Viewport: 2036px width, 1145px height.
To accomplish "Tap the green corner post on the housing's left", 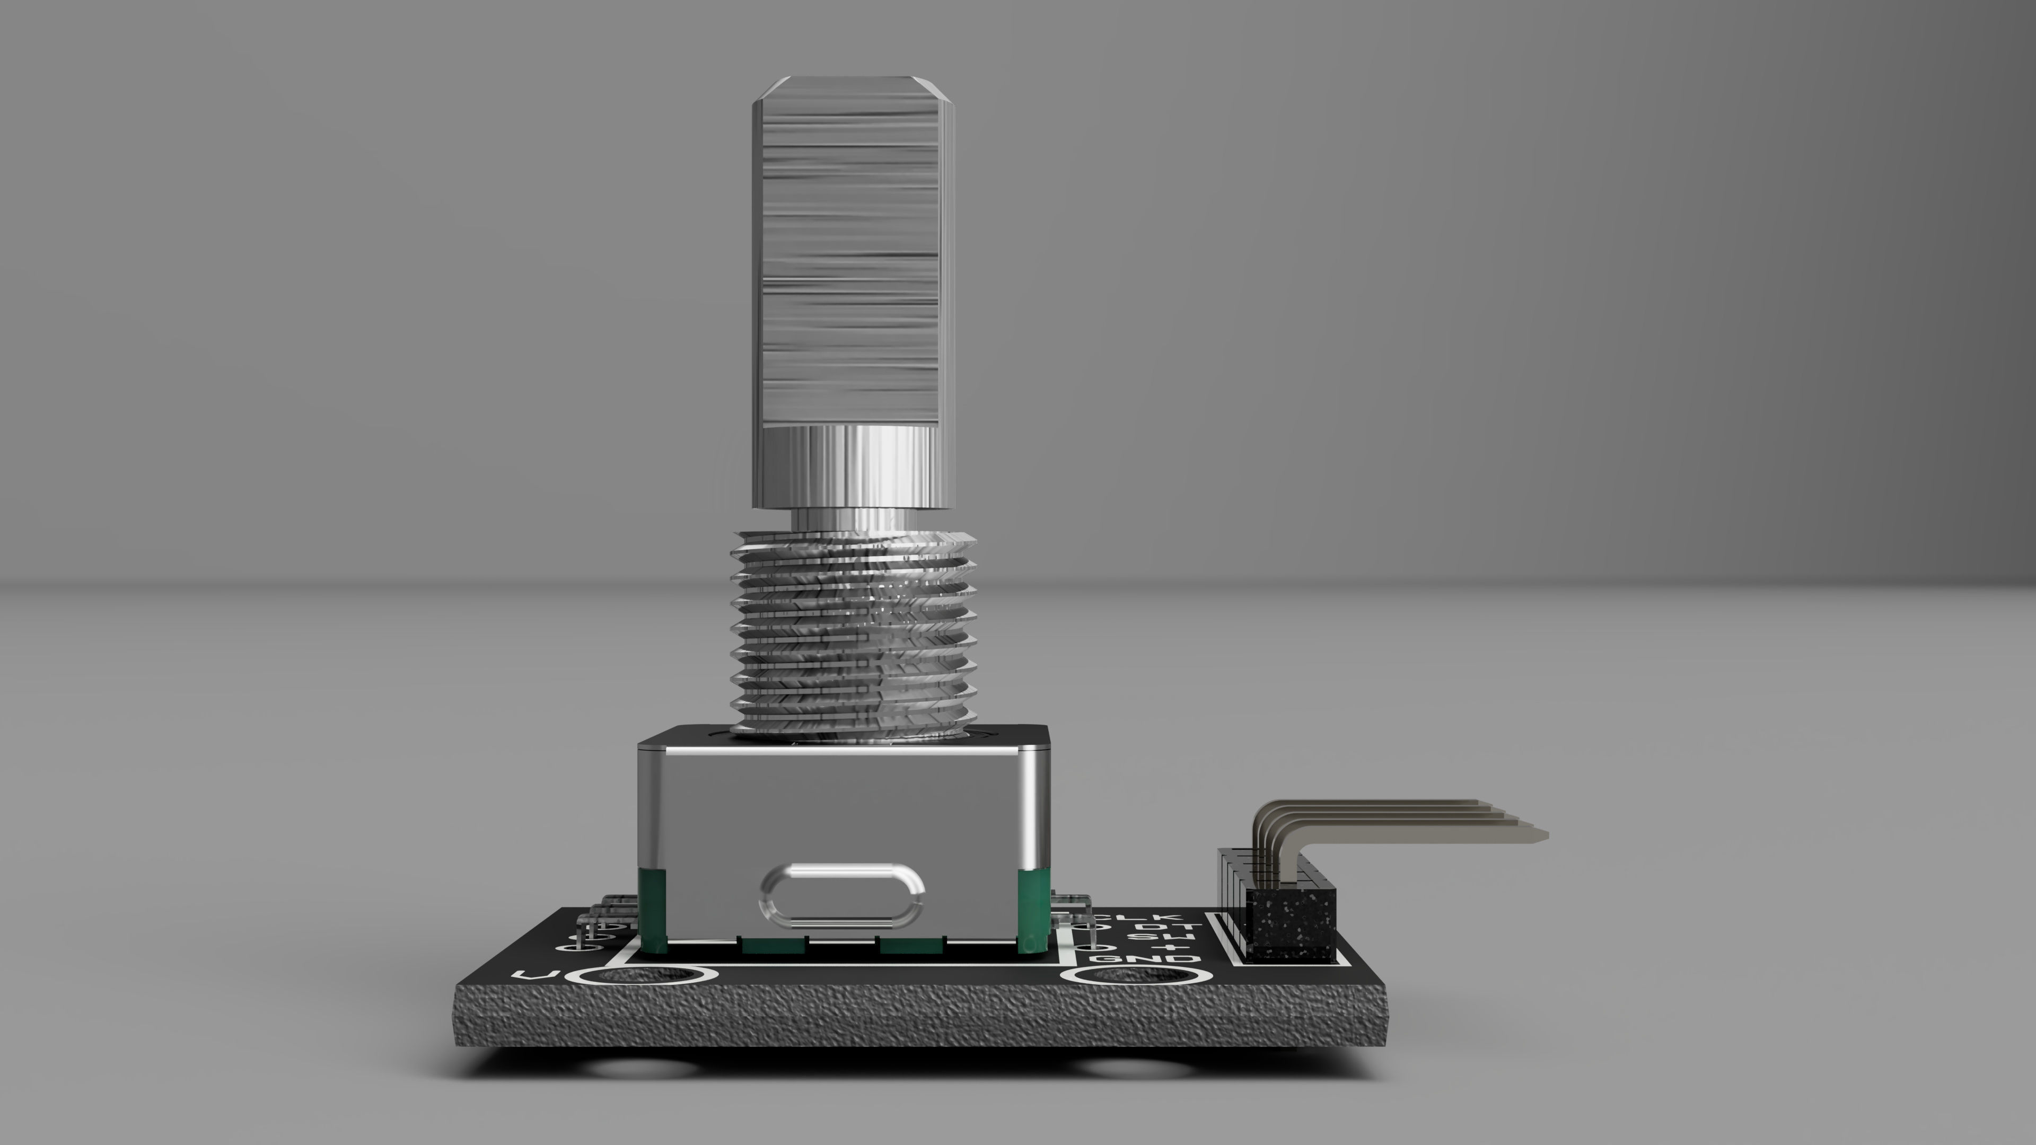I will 652,909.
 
